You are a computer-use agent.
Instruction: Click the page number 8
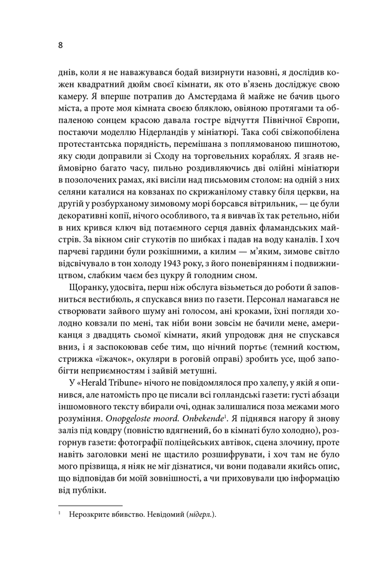59,46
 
